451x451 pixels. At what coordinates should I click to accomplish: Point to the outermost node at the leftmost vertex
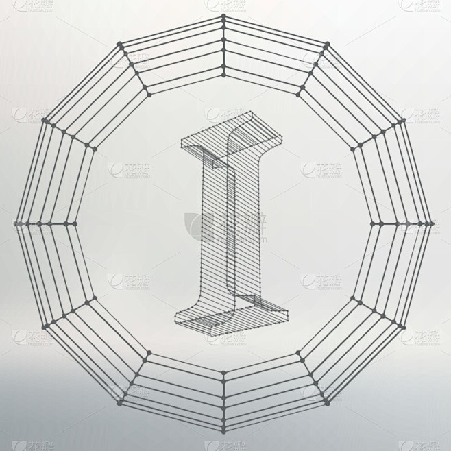(x=15, y=223)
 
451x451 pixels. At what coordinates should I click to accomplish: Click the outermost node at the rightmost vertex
(x=433, y=223)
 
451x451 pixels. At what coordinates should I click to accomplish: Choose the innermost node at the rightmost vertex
(x=374, y=223)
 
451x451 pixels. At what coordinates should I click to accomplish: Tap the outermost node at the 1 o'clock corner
(x=328, y=44)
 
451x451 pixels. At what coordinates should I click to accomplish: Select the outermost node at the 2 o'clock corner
(x=404, y=121)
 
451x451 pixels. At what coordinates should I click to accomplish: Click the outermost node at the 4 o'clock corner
(x=404, y=326)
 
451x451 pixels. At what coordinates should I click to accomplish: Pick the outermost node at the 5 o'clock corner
(x=328, y=403)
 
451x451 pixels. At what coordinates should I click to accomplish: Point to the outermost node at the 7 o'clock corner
(x=121, y=403)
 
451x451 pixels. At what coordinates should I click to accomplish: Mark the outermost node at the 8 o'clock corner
(x=44, y=326)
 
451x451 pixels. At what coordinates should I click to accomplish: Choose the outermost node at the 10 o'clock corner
(x=44, y=121)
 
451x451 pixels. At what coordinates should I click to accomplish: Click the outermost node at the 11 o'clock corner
(x=121, y=44)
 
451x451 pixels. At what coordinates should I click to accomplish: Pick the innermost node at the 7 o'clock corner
(x=148, y=354)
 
